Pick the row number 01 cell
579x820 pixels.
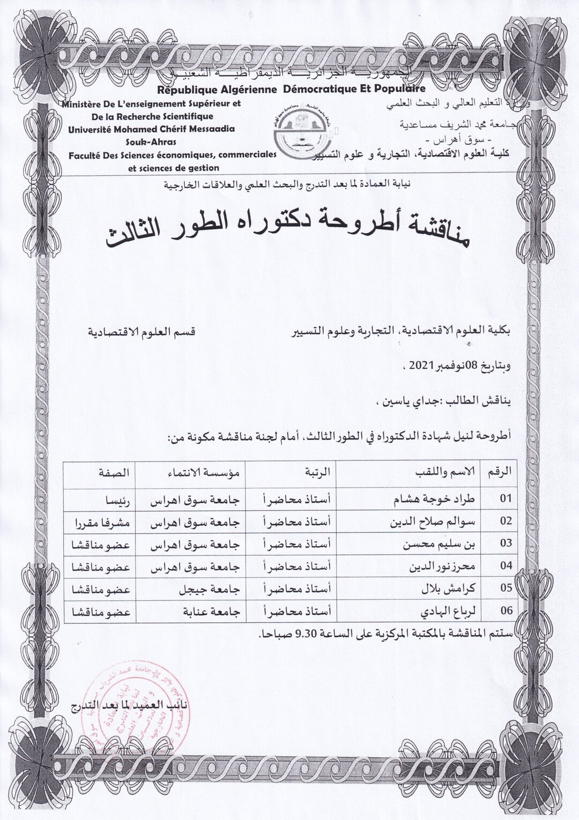pyautogui.click(x=506, y=498)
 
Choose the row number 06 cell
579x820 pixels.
pyautogui.click(x=506, y=610)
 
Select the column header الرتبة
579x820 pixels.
pyautogui.click(x=318, y=472)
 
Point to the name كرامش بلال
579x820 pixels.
pyautogui.click(x=454, y=588)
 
